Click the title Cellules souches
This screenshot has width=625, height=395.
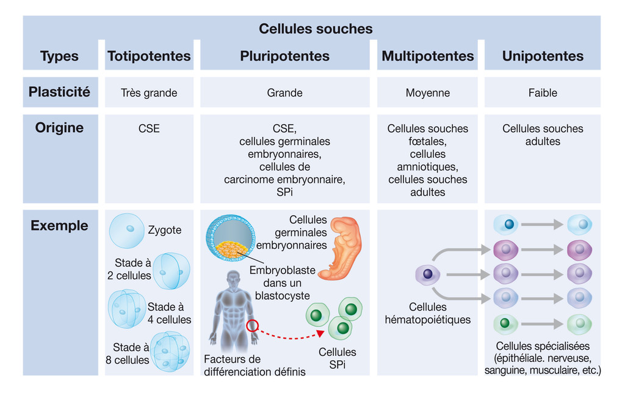(316, 29)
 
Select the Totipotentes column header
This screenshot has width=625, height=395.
(149, 56)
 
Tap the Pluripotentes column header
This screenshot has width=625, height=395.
(284, 56)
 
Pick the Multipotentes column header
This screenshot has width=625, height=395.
(427, 56)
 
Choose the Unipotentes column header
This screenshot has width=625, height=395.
(543, 56)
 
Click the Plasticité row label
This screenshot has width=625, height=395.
(59, 92)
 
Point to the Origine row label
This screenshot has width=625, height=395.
(59, 128)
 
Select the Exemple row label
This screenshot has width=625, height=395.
(59, 226)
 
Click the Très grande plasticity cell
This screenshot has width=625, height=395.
(149, 93)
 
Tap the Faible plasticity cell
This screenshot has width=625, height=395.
(543, 93)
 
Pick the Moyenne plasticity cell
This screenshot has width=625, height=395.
(427, 93)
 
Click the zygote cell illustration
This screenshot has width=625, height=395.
(127, 231)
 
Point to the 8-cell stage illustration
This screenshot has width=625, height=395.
(170, 350)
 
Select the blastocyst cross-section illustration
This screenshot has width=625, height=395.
(230, 238)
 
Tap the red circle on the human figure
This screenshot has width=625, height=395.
(253, 326)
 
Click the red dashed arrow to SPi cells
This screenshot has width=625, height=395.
(287, 336)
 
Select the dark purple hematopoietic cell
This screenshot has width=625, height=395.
(427, 274)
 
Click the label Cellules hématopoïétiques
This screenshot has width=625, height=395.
(427, 313)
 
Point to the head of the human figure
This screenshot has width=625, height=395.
(233, 280)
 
